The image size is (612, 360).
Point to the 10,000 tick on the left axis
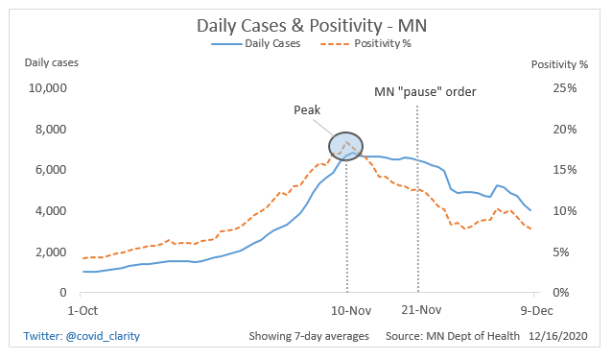pyautogui.click(x=45, y=88)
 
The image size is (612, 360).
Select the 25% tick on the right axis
pyautogui.click(x=564, y=88)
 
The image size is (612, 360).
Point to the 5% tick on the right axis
pyautogui.click(x=567, y=252)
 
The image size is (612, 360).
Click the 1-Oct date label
pyautogui.click(x=82, y=310)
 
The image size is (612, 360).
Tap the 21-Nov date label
pyautogui.click(x=420, y=310)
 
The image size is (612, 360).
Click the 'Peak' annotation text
pyautogui.click(x=308, y=110)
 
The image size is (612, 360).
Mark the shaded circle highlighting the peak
pyautogui.click(x=346, y=146)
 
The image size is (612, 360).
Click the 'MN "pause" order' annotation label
pyautogui.click(x=425, y=92)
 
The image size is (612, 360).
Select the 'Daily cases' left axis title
pyautogui.click(x=52, y=63)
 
